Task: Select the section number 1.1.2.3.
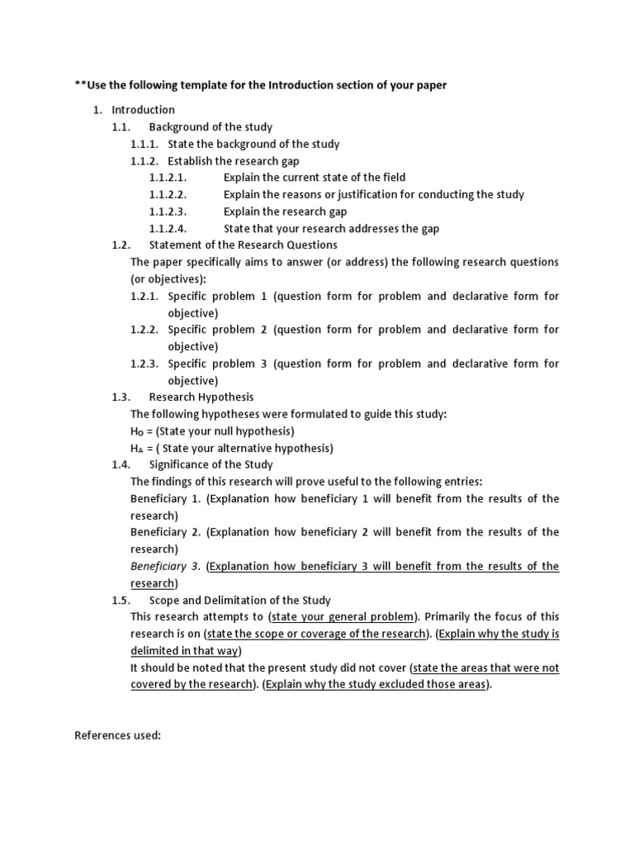coord(168,211)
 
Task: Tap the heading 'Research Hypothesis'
coord(201,397)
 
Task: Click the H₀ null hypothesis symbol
coord(137,431)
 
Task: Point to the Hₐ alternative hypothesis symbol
coord(137,449)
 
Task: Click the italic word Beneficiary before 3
coord(159,566)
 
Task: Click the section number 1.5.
coord(121,601)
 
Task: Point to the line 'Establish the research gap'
coord(234,161)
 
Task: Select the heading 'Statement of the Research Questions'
coord(243,245)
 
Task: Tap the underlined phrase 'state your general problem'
coord(344,617)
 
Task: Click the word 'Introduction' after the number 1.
coord(144,110)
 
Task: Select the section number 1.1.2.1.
coord(168,178)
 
